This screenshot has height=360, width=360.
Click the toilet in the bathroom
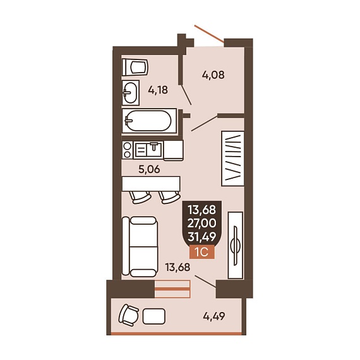[x=135, y=68]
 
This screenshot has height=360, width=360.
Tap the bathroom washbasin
[x=131, y=93]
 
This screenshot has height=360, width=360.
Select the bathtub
[x=149, y=121]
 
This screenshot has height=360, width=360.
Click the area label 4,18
[x=158, y=90]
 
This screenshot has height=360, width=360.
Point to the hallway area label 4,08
[x=213, y=75]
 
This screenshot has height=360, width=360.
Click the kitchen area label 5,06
[x=149, y=169]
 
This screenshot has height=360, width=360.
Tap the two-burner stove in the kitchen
[x=128, y=150]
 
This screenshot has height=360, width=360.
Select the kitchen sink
[x=148, y=150]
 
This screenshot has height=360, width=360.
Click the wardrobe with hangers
[x=232, y=159]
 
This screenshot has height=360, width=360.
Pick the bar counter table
[x=151, y=183]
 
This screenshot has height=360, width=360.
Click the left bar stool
[x=140, y=197]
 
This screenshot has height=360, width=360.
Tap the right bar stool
[x=169, y=197]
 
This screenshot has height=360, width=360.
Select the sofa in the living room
[x=140, y=246]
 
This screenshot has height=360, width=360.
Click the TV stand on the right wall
[x=236, y=245]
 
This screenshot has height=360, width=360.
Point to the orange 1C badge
[x=202, y=252]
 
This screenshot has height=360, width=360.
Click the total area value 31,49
[x=202, y=237]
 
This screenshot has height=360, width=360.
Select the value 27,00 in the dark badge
[x=202, y=223]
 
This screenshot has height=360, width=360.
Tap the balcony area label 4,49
[x=214, y=316]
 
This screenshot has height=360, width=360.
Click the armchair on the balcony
[x=129, y=315]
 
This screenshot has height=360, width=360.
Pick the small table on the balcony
[x=154, y=316]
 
